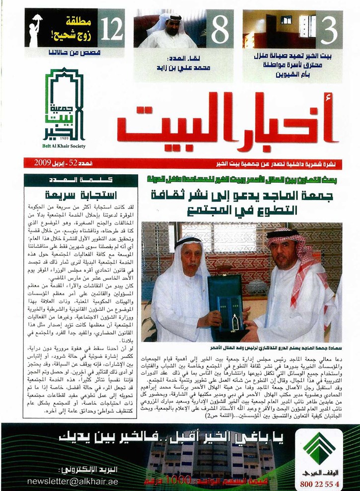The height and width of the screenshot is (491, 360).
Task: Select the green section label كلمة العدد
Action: coord(73,180)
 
